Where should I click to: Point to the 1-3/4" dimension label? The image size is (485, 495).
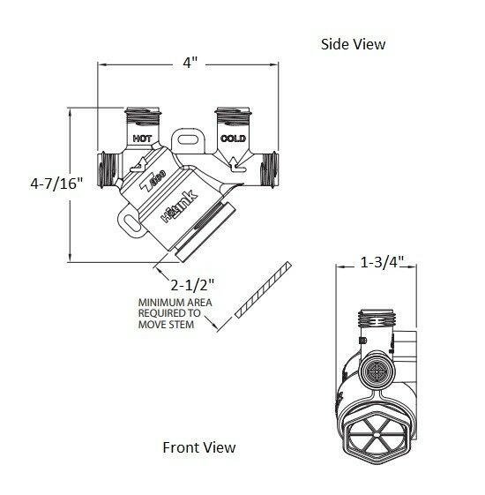click(x=383, y=261)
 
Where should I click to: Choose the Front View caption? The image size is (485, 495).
click(x=199, y=447)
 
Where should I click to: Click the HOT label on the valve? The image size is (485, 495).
click(x=140, y=139)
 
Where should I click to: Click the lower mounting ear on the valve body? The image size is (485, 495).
click(x=132, y=225)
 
